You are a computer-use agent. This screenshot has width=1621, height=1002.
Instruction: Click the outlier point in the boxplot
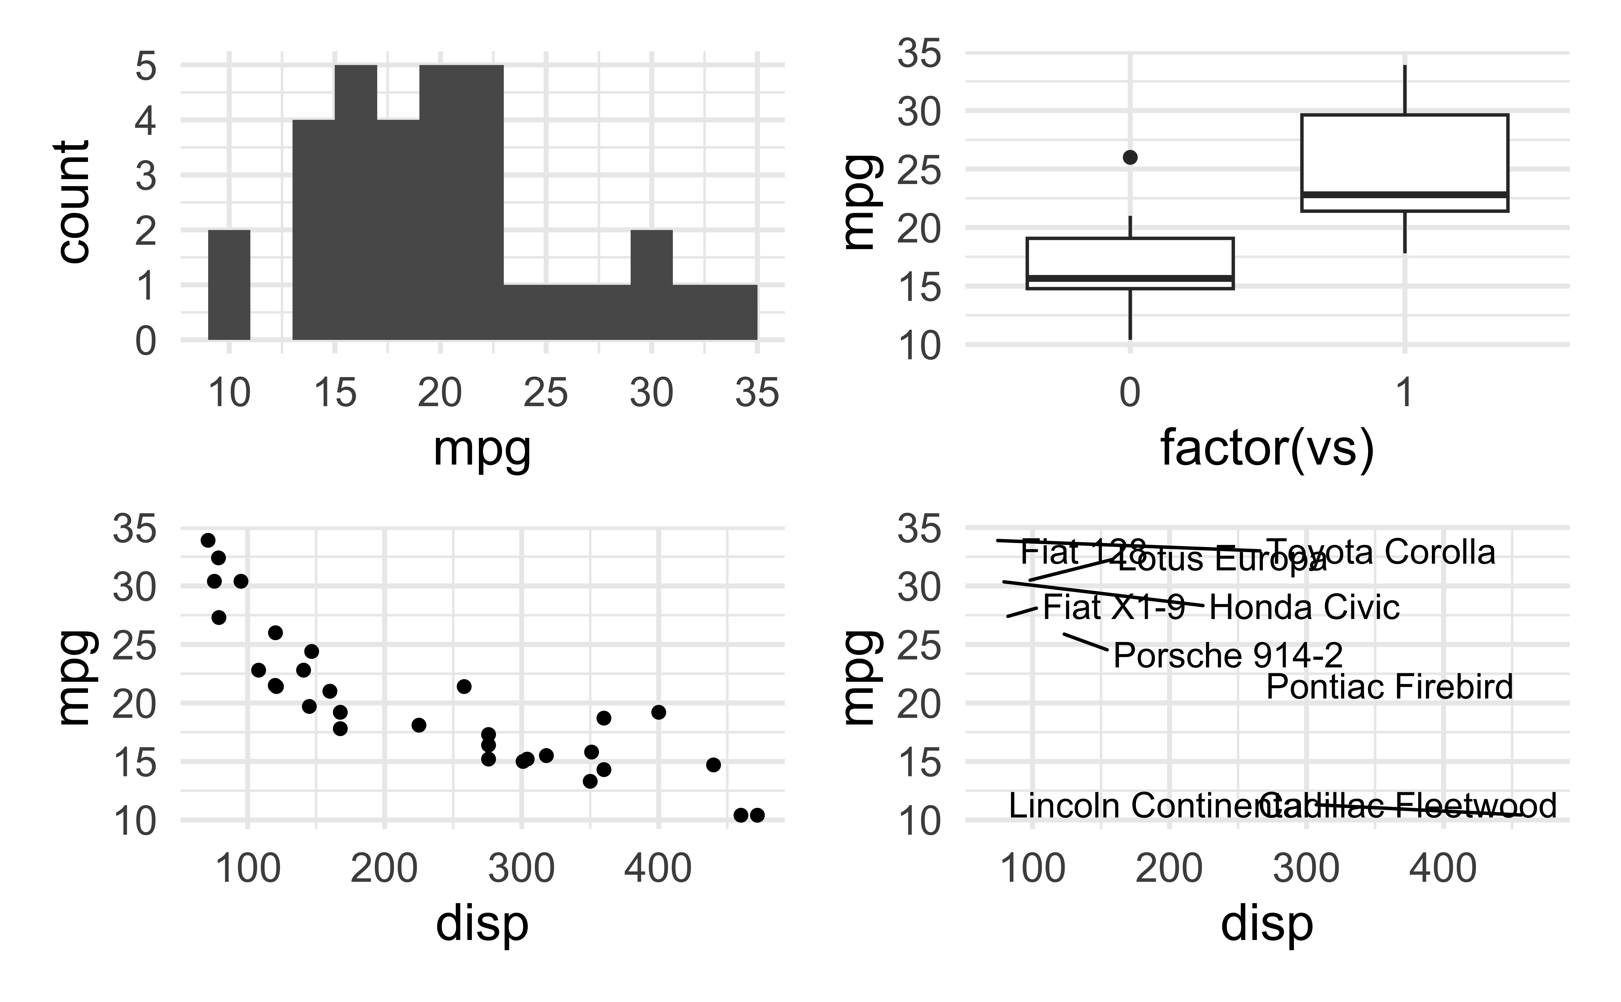(1130, 157)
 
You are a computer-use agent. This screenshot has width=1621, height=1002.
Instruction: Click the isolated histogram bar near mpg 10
(229, 285)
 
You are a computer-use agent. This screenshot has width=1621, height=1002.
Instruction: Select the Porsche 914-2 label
(1228, 655)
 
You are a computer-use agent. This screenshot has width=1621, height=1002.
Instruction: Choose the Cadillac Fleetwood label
(1408, 806)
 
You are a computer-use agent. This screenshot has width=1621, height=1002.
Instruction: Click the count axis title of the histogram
(73, 202)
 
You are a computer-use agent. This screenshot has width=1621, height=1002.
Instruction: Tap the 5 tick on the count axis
(146, 66)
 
